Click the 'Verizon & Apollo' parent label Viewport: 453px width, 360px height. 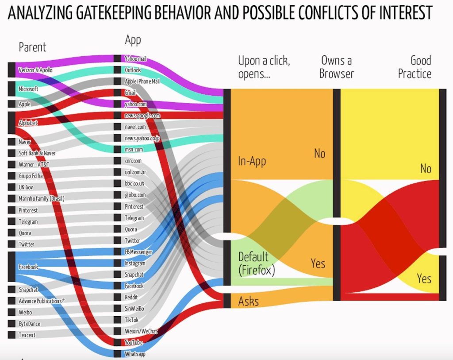click(x=36, y=70)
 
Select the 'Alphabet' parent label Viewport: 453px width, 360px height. click(x=28, y=123)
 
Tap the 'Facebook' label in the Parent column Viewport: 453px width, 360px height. click(x=28, y=267)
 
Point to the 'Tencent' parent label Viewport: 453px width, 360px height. click(x=27, y=335)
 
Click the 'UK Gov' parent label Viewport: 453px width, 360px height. click(x=26, y=187)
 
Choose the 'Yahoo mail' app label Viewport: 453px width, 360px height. click(x=136, y=59)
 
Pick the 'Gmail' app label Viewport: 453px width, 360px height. click(x=131, y=93)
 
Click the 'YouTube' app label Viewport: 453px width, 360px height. click(x=133, y=343)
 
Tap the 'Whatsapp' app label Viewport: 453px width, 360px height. click(x=135, y=354)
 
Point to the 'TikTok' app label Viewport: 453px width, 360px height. click(x=132, y=320)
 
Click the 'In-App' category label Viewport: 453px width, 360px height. click(x=252, y=161)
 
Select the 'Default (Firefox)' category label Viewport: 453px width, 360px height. click(x=257, y=263)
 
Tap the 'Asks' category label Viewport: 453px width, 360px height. click(x=248, y=301)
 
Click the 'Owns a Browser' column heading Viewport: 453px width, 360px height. click(x=337, y=67)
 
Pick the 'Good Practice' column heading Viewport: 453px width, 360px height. click(x=415, y=67)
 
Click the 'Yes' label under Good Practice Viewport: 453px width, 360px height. click(x=424, y=279)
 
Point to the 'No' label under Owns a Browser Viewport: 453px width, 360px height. click(x=319, y=154)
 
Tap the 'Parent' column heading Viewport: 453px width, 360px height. click(x=32, y=47)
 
